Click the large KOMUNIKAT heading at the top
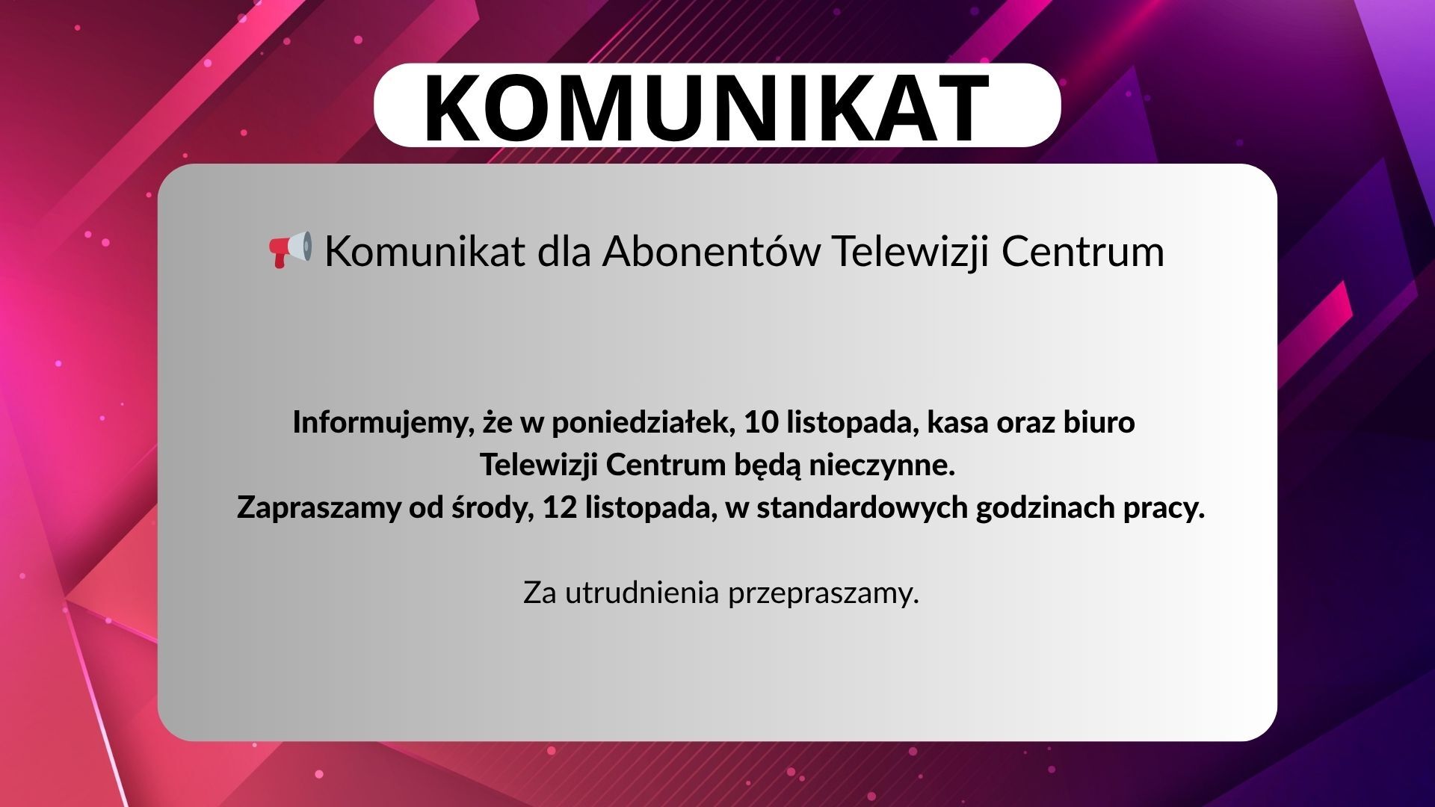point(706,108)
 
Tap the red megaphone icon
point(290,250)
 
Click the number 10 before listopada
point(761,422)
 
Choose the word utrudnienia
point(642,593)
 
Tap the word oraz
point(1026,424)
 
